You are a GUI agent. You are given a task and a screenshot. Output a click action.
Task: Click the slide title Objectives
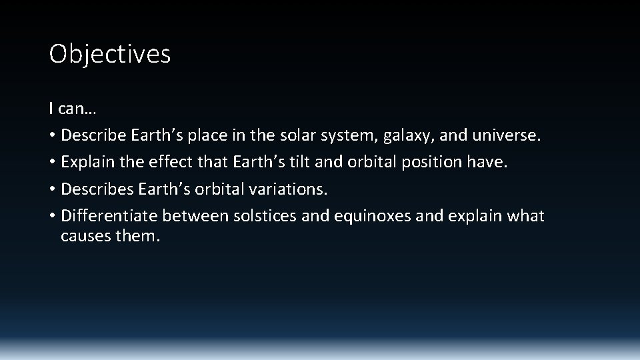110,54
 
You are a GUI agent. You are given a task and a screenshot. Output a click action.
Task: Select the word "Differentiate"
109,216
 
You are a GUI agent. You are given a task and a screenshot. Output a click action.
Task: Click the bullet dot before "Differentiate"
52,217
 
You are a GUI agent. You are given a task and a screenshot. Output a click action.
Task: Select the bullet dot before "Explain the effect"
52,163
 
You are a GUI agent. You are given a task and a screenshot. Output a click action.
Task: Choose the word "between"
195,216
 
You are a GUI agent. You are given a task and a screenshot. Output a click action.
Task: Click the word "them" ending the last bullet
136,235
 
